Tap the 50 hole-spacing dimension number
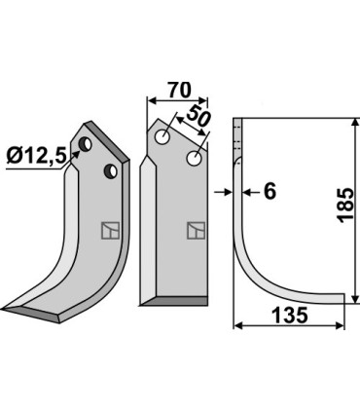click(198, 119)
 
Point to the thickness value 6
click(270, 192)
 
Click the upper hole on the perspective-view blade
click(88, 146)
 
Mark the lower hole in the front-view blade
click(196, 157)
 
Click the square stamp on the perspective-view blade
click(108, 231)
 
